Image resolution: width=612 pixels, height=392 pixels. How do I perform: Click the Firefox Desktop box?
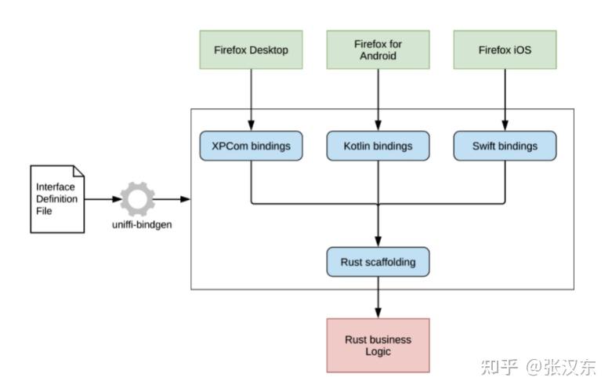tap(251, 50)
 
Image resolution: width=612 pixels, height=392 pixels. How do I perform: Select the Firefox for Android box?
tap(378, 50)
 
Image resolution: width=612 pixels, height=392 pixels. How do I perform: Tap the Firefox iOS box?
tap(505, 50)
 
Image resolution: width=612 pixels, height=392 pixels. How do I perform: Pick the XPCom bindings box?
tap(251, 146)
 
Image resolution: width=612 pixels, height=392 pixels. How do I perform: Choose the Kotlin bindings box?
tap(378, 146)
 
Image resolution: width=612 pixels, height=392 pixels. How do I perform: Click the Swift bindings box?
tap(505, 146)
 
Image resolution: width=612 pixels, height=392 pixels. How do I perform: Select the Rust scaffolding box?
tap(378, 262)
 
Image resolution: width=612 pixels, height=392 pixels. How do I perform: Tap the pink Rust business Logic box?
tap(378, 345)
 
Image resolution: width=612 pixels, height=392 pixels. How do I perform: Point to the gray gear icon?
tap(137, 199)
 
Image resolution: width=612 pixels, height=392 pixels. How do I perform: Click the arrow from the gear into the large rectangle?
tap(172, 199)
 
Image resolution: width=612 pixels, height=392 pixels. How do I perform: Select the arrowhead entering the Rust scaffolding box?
tap(378, 242)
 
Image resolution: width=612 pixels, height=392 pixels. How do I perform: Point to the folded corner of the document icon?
tap(78, 171)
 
